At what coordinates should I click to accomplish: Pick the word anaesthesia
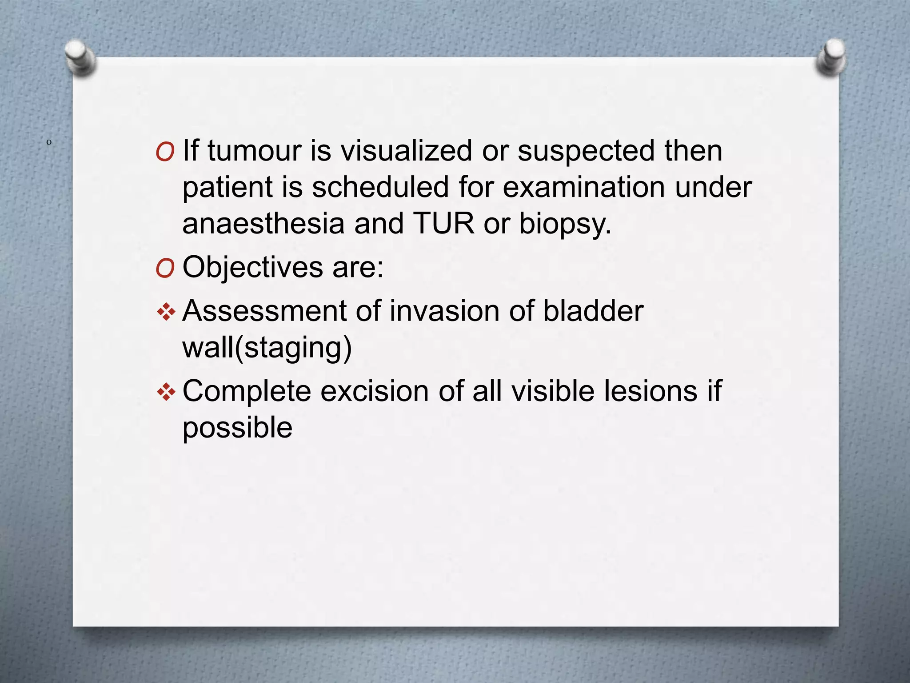click(x=263, y=223)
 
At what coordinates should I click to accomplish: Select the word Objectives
click(x=252, y=268)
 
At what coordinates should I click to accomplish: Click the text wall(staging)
click(x=267, y=349)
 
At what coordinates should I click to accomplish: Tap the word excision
click(x=375, y=391)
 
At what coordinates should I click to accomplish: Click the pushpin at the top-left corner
click(x=80, y=57)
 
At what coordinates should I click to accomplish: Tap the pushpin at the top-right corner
click(x=831, y=56)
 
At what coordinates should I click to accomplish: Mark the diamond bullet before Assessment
click(x=166, y=312)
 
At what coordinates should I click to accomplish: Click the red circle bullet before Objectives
click(x=165, y=269)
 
